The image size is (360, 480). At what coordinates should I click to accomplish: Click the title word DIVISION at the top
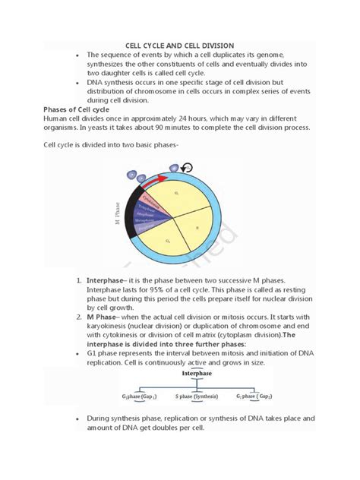click(x=216, y=46)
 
